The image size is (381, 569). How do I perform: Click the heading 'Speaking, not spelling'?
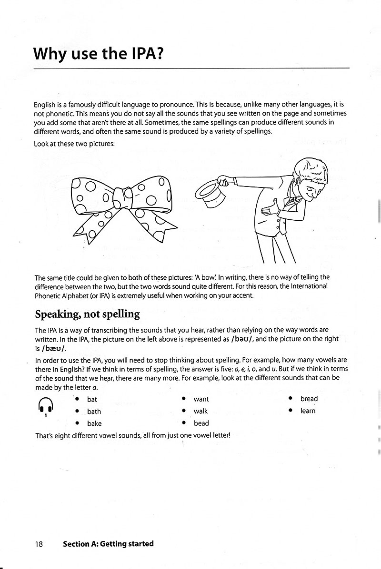click(87, 314)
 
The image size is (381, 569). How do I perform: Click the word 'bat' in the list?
click(92, 399)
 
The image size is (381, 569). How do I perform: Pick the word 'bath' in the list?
click(94, 412)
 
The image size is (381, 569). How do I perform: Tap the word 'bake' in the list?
click(94, 423)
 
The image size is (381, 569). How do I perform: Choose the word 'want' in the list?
click(201, 399)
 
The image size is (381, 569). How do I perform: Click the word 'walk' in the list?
click(201, 411)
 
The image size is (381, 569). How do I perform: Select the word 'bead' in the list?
click(201, 423)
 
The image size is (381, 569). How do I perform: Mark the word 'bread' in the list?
click(309, 399)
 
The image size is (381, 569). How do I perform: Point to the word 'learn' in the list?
click(308, 411)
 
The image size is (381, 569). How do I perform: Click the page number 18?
click(39, 544)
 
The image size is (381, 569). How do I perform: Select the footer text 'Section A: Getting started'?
click(108, 544)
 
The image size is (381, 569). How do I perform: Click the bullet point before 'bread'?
click(290, 399)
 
